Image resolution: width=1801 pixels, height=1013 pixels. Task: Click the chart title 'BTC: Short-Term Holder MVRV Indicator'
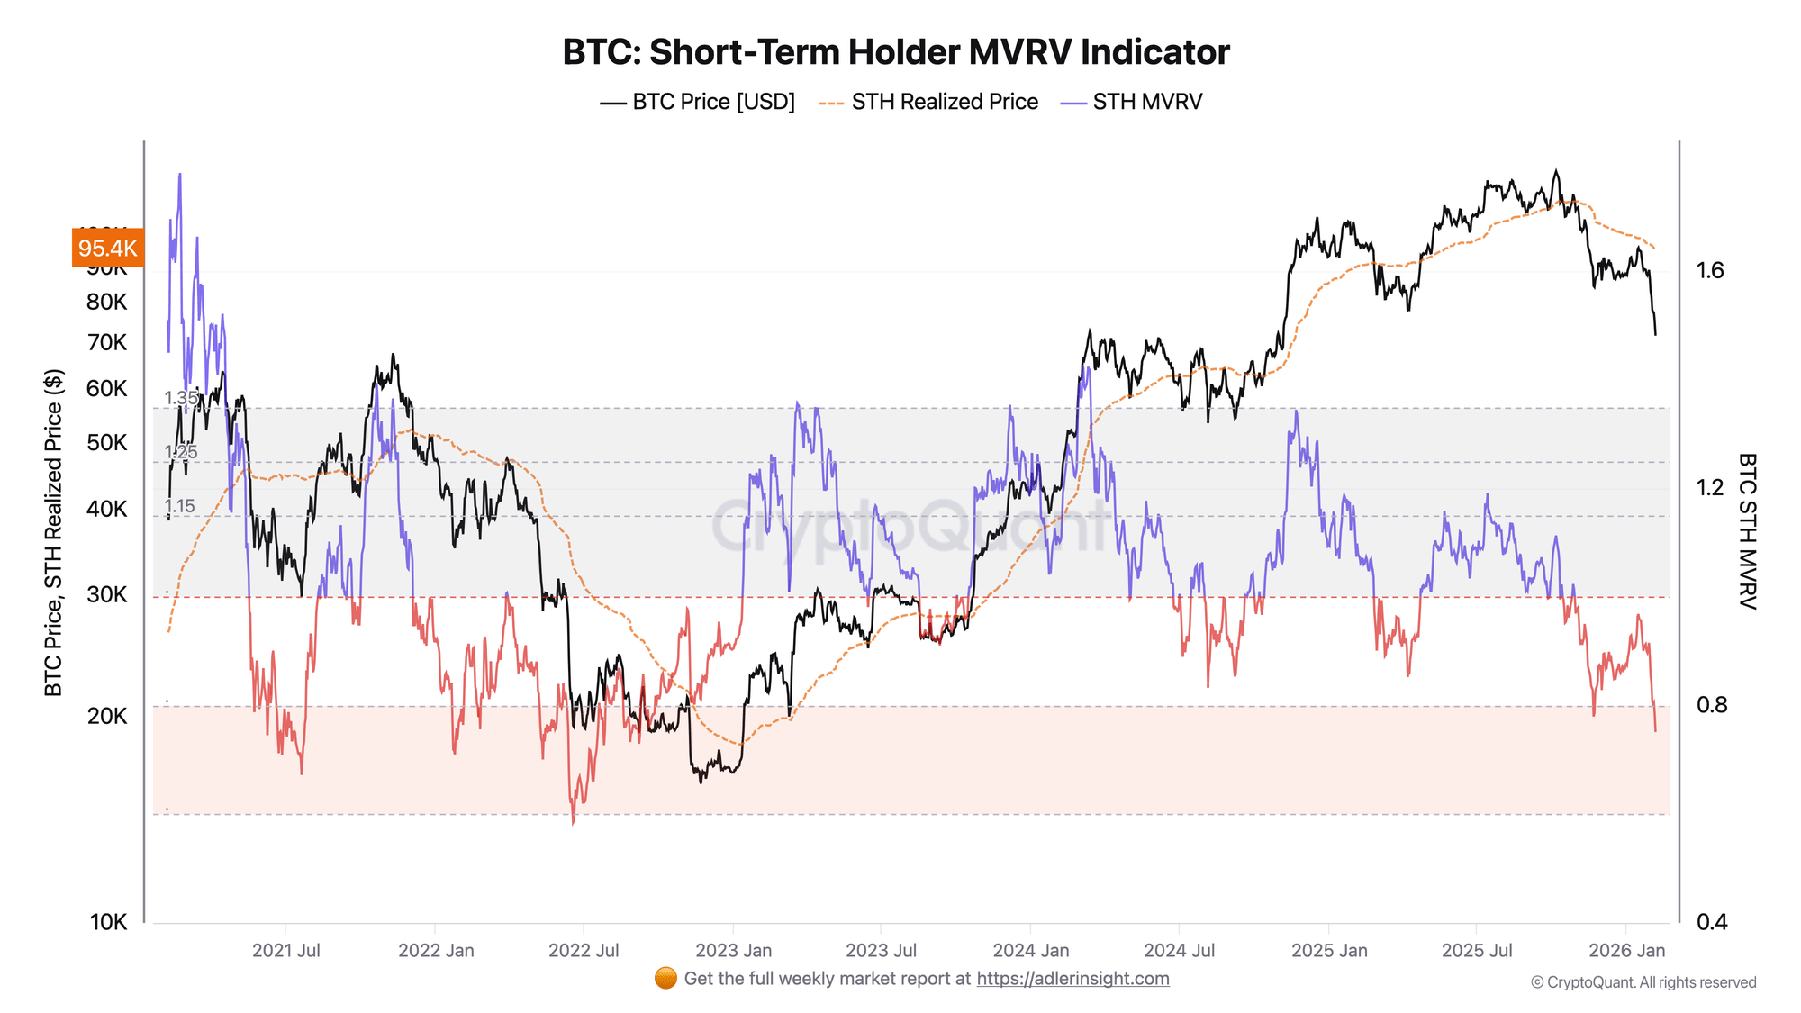895,52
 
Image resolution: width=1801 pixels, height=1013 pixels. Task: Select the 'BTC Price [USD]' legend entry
698,102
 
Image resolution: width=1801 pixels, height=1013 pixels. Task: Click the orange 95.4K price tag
107,249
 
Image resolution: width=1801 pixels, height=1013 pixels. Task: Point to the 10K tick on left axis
109,922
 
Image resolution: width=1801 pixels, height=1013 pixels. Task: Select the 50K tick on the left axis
107,443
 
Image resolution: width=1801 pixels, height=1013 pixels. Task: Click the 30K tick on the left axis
107,594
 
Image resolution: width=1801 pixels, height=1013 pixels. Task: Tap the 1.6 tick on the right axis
1710,270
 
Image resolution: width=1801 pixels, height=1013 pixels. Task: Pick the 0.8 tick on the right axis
1711,705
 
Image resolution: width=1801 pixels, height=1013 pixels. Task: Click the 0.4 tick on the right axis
1711,922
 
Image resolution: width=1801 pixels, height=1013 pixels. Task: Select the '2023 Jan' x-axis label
733,951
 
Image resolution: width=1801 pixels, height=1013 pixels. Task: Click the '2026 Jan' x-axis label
1626,951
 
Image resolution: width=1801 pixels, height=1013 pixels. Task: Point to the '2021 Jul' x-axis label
285,951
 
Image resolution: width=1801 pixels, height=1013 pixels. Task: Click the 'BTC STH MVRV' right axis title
1746,531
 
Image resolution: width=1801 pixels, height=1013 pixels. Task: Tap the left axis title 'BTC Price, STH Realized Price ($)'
54,531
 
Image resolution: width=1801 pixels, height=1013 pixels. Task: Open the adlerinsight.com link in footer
1072,979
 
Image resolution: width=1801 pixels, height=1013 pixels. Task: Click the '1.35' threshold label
180,398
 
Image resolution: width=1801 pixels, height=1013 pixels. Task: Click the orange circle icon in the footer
665,979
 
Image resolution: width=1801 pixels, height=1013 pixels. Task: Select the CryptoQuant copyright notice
1643,982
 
